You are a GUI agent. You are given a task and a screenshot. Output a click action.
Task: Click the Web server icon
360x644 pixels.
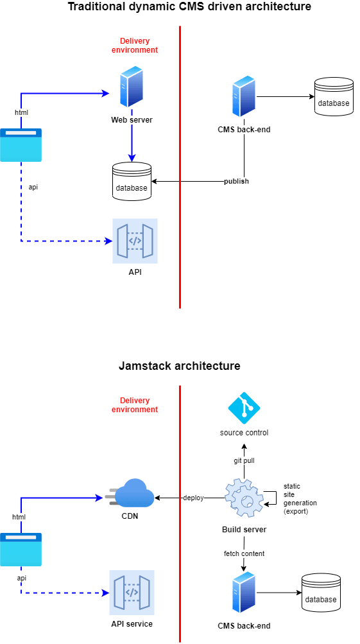[132, 87]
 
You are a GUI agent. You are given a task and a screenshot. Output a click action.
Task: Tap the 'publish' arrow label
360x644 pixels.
[236, 182]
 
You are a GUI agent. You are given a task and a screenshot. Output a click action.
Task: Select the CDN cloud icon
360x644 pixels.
[132, 494]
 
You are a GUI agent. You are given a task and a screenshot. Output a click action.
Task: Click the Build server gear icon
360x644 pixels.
[244, 498]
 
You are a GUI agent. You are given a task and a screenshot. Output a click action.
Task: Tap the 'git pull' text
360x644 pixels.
[244, 461]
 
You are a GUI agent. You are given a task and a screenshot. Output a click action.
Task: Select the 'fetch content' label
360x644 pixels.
[244, 553]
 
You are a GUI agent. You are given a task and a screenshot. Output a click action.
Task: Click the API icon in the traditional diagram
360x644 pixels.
[135, 241]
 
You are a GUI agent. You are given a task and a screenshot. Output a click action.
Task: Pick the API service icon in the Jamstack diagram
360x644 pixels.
[132, 593]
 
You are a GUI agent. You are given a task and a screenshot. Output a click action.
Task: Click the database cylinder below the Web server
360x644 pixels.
[132, 182]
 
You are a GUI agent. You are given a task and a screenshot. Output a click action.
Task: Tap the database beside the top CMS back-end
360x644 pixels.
[333, 97]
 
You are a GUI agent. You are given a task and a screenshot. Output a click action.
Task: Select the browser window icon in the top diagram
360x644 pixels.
[21, 145]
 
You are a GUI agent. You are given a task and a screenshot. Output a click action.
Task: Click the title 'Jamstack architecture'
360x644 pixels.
[180, 366]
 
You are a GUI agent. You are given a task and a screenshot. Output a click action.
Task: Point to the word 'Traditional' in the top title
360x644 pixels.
[96, 7]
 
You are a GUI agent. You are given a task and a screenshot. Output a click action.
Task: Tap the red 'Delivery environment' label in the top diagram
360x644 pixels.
[135, 46]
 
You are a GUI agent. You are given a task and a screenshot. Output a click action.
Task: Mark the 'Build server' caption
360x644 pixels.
[244, 530]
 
